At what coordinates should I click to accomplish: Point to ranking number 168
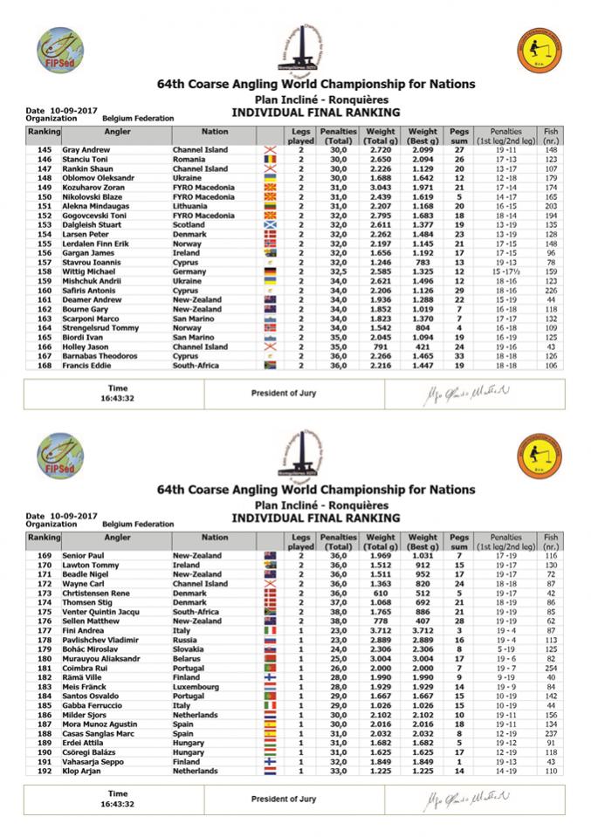tap(45, 365)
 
